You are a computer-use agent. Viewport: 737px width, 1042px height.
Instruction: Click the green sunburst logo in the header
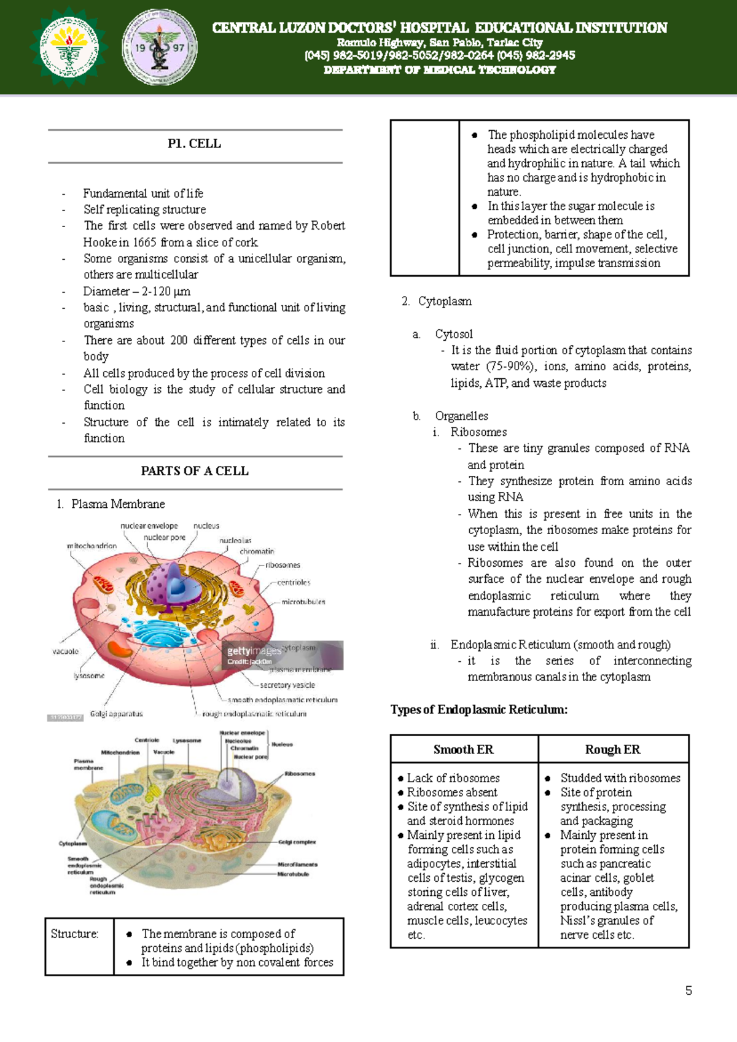(x=69, y=47)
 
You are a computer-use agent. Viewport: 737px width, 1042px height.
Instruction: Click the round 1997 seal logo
(x=160, y=47)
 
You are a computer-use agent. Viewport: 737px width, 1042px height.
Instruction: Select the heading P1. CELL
(x=194, y=144)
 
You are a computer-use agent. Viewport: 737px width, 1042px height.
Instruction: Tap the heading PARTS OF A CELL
(x=195, y=471)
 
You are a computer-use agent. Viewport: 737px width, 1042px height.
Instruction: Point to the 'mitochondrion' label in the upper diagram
(x=92, y=546)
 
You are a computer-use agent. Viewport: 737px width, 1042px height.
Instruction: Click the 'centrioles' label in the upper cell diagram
(x=294, y=582)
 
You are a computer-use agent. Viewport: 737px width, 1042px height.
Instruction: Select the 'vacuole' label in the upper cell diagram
(x=65, y=651)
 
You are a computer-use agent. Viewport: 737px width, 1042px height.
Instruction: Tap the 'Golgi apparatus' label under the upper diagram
(x=116, y=713)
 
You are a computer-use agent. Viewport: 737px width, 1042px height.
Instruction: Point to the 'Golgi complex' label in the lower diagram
(x=297, y=842)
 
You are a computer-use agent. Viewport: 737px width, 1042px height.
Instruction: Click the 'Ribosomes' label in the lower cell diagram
(x=300, y=774)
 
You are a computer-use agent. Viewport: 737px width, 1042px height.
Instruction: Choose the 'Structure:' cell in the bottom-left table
(x=74, y=934)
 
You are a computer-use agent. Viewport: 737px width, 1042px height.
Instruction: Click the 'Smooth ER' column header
(x=463, y=749)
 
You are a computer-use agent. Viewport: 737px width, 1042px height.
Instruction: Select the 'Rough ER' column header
(x=612, y=749)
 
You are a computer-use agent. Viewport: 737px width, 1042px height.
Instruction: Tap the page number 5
(x=688, y=990)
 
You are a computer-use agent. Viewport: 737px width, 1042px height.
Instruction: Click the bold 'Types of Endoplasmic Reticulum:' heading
(x=479, y=710)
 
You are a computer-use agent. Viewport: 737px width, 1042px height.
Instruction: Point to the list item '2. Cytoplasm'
(x=437, y=301)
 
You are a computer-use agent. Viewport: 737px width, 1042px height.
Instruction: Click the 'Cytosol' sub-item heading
(x=454, y=334)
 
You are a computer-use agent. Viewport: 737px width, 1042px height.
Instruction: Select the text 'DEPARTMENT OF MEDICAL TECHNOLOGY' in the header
(x=440, y=70)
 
